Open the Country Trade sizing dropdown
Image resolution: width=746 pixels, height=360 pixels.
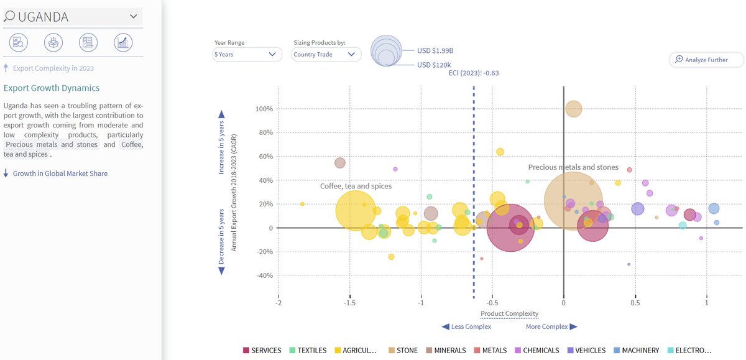[326, 55]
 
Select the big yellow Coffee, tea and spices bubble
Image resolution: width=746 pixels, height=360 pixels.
[356, 210]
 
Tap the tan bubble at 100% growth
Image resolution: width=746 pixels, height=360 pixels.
[574, 109]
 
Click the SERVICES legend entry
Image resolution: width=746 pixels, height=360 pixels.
[262, 351]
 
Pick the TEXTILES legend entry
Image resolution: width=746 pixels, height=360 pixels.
[308, 351]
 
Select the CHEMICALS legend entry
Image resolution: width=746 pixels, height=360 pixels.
[539, 351]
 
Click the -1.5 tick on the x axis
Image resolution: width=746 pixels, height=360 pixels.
[349, 303]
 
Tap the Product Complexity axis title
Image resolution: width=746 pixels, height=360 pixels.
[509, 313]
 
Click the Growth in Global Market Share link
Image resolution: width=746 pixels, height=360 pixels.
[60, 173]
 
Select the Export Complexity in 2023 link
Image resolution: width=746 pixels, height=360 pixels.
[53, 68]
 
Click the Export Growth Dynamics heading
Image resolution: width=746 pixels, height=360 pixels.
[52, 88]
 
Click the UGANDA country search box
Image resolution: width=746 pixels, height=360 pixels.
[72, 17]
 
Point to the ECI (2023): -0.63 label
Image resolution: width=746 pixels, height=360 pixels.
[474, 73]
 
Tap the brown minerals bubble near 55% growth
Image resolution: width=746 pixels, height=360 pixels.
[340, 163]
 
